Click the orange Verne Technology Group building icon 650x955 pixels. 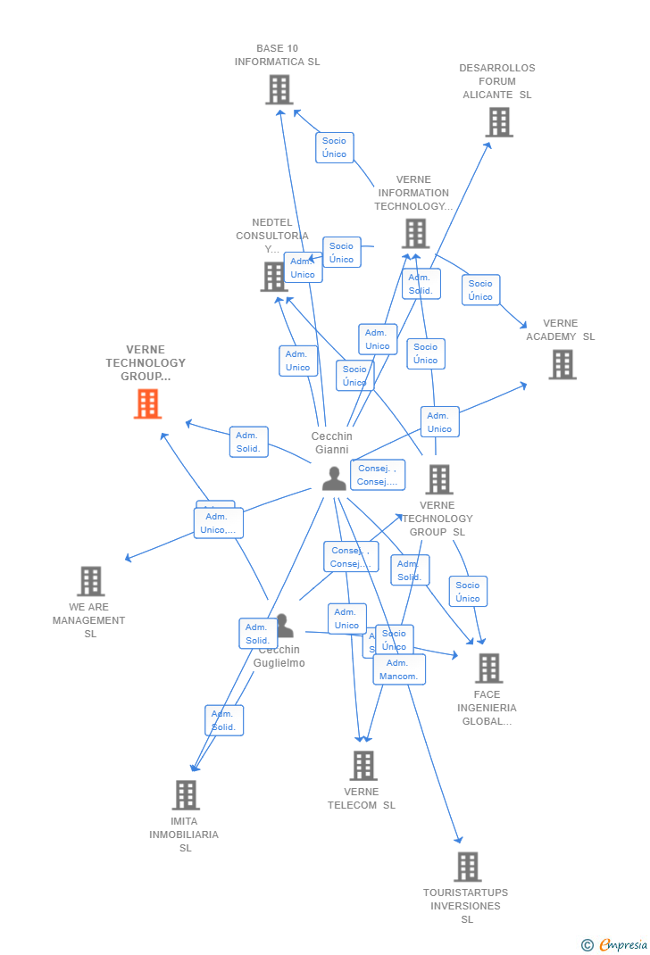pyautogui.click(x=147, y=404)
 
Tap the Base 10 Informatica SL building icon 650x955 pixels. pyautogui.click(x=279, y=90)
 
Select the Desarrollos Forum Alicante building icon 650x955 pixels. pyautogui.click(x=499, y=122)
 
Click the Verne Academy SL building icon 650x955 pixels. pyautogui.click(x=562, y=364)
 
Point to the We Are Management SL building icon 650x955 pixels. pyautogui.click(x=90, y=581)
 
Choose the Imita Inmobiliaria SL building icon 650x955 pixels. pyautogui.click(x=186, y=794)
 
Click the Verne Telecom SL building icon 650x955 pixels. pyautogui.click(x=362, y=766)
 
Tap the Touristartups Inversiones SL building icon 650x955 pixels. pyautogui.click(x=467, y=867)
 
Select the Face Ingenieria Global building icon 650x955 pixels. pyautogui.click(x=488, y=668)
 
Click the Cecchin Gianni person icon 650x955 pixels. pyautogui.click(x=334, y=478)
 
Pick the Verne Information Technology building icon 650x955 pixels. pyautogui.click(x=415, y=234)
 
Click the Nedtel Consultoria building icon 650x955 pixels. pyautogui.click(x=274, y=277)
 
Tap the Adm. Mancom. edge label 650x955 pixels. pyautogui.click(x=398, y=669)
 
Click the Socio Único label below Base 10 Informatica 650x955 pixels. pyautogui.click(x=334, y=147)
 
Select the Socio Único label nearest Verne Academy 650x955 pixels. pyautogui.click(x=480, y=290)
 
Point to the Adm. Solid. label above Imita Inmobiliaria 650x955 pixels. pyautogui.click(x=223, y=720)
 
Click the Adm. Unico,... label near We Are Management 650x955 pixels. pyautogui.click(x=219, y=523)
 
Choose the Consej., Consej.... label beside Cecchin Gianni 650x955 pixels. pyautogui.click(x=377, y=475)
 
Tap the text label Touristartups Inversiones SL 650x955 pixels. pyautogui.click(x=466, y=906)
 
